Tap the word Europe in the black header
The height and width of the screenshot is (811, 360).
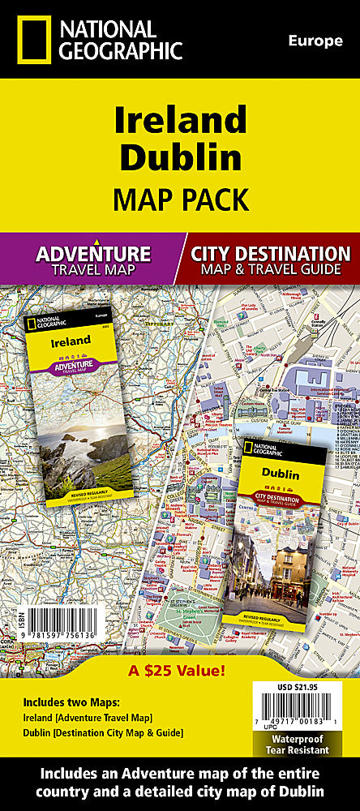pyautogui.click(x=315, y=41)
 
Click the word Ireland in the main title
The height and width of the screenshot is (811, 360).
pyautogui.click(x=179, y=120)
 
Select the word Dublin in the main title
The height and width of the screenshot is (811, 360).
pyautogui.click(x=179, y=157)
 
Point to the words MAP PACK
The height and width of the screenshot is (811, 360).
pyautogui.click(x=179, y=197)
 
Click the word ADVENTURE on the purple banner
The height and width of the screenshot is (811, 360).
pyautogui.click(x=93, y=253)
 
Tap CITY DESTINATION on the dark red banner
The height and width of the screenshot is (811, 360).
pyautogui.click(x=271, y=253)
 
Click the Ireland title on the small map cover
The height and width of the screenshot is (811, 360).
pyautogui.click(x=71, y=341)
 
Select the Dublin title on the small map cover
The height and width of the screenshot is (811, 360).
pyautogui.click(x=280, y=473)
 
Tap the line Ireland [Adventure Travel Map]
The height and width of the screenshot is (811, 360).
pyautogui.click(x=92, y=718)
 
